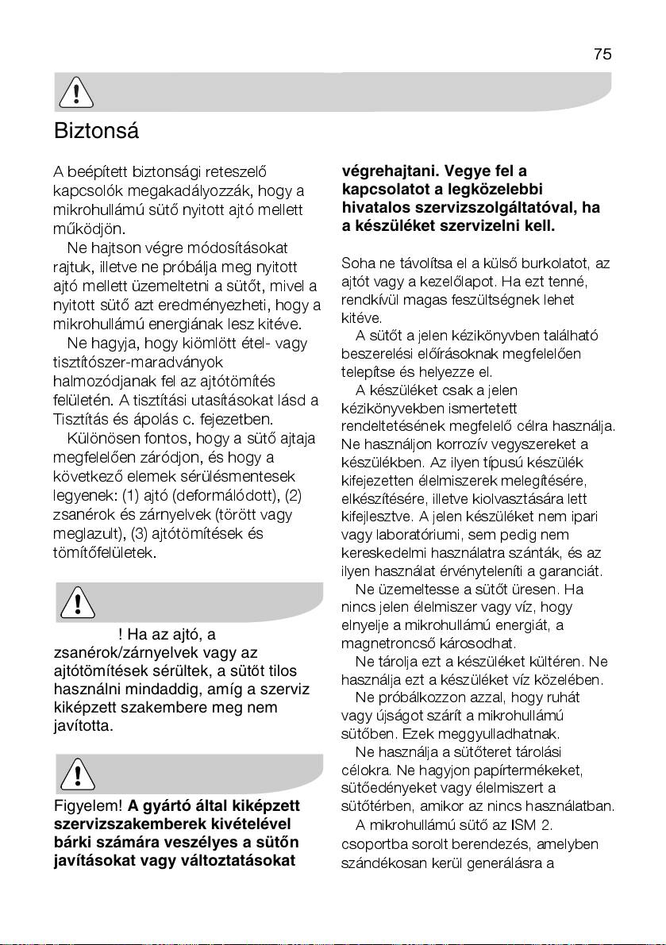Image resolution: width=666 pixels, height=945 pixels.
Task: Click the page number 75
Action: pos(602,54)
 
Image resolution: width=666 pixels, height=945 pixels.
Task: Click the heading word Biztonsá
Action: pos(96,131)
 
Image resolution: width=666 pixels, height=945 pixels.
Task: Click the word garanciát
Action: pos(574,570)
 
